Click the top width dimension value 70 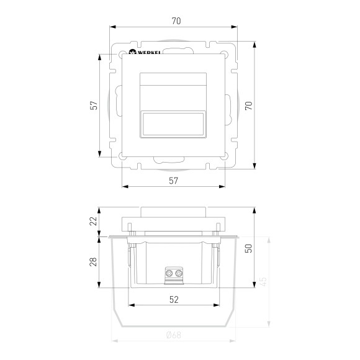(x=176, y=21)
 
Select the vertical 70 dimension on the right (x=248, y=106)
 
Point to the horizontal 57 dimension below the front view (x=174, y=181)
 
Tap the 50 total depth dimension (x=248, y=248)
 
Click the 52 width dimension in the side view (x=174, y=300)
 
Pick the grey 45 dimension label (x=263, y=281)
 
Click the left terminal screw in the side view (x=169, y=273)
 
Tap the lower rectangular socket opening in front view (x=174, y=124)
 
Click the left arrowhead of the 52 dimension (x=130, y=306)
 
